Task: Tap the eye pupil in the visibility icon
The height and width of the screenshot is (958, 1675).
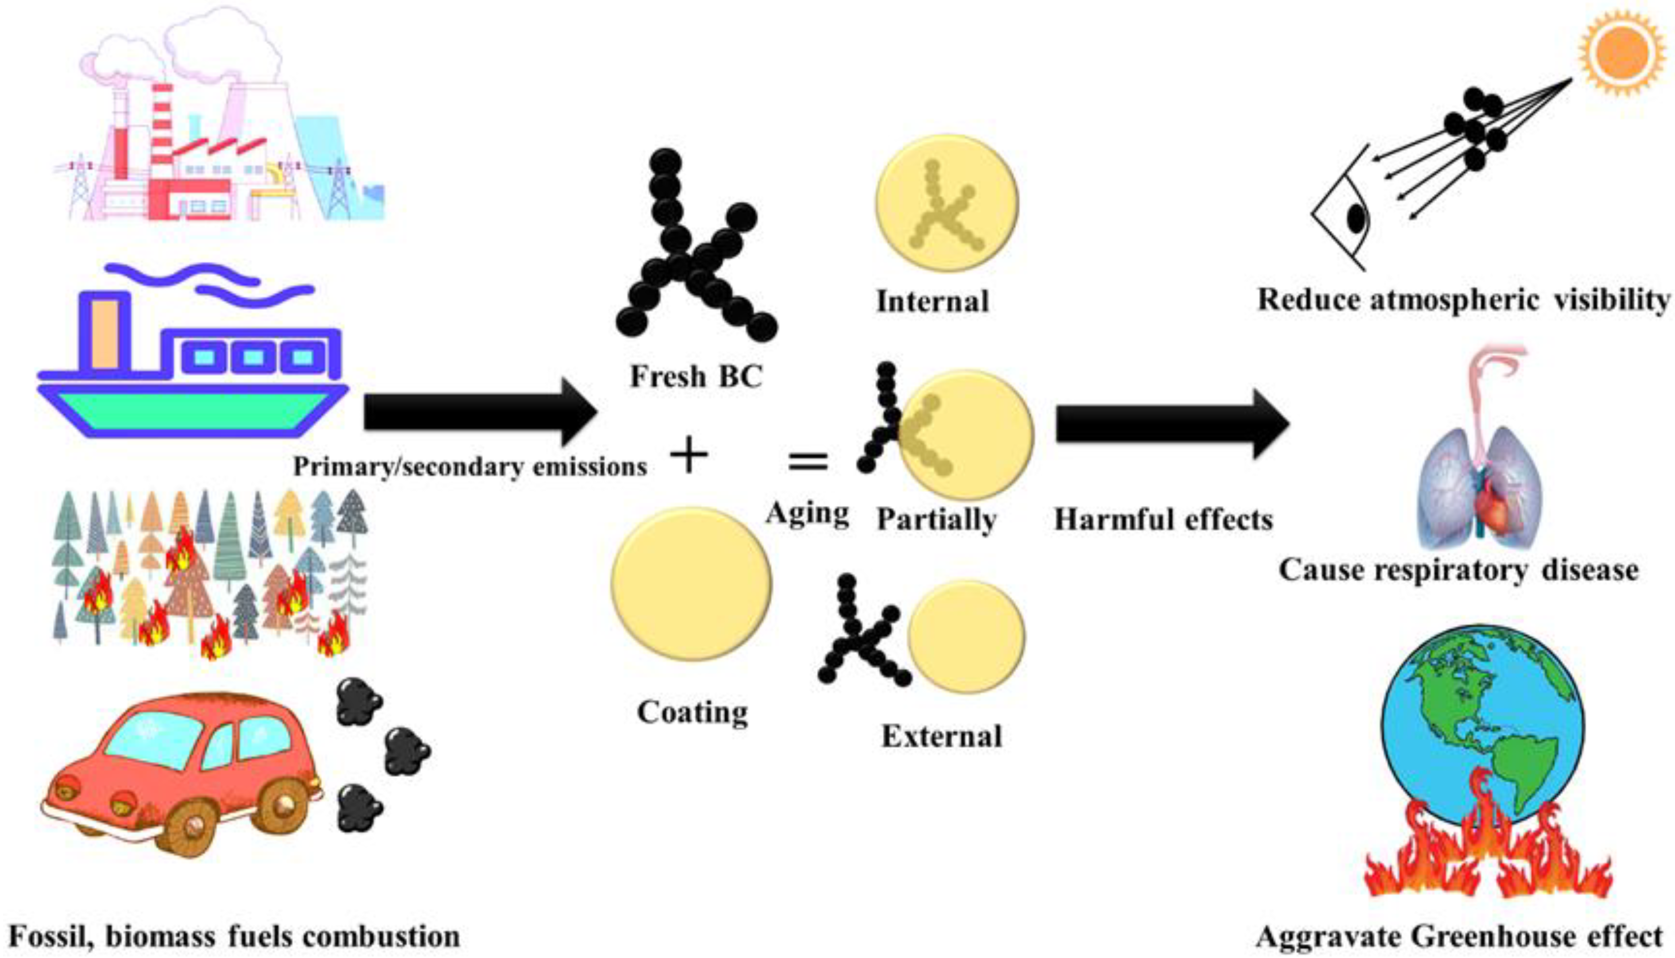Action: [x=1355, y=219]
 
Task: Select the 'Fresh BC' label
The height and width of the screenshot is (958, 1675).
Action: [x=696, y=377]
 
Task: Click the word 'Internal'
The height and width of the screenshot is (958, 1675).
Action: [x=932, y=302]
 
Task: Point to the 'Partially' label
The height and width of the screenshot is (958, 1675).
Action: [x=936, y=520]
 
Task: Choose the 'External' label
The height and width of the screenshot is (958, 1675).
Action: [x=942, y=736]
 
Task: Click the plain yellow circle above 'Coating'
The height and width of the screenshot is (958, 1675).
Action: [x=691, y=584]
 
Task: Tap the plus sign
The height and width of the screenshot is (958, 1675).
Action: [x=689, y=455]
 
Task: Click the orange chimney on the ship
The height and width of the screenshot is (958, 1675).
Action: [x=105, y=334]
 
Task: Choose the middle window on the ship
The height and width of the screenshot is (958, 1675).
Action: [x=253, y=357]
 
